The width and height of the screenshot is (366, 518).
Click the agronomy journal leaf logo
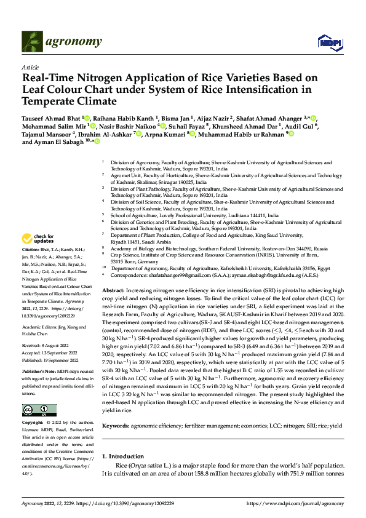33,42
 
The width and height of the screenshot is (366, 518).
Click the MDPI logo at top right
325,42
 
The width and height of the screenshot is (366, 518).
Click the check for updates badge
38,238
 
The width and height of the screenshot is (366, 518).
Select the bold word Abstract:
113,289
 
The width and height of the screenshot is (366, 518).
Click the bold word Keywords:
115,426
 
